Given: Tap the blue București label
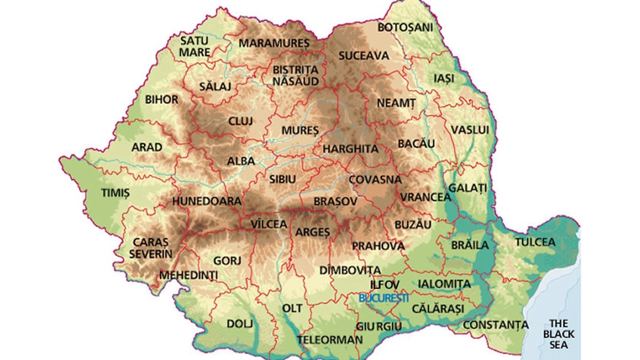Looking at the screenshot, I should coord(384,298).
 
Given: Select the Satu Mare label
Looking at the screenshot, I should coord(194,46).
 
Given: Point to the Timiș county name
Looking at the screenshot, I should coord(115,193).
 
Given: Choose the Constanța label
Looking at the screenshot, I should coord(496,324).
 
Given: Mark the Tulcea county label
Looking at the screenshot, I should coord(535,242).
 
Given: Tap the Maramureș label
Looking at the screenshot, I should coord(273,43).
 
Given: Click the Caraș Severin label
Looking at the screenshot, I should coord(150,248).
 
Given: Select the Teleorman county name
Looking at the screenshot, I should coord(329,339).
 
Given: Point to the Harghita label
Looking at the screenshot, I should coord(350,149).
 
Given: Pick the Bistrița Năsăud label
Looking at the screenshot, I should coord(296,75).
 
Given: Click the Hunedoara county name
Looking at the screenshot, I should coord(206,201).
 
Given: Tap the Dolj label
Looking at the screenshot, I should coord(240,323).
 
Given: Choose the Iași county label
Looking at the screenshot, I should coord(444,78).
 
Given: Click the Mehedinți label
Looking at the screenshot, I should coord(189,275).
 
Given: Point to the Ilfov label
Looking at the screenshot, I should coord(385,284).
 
